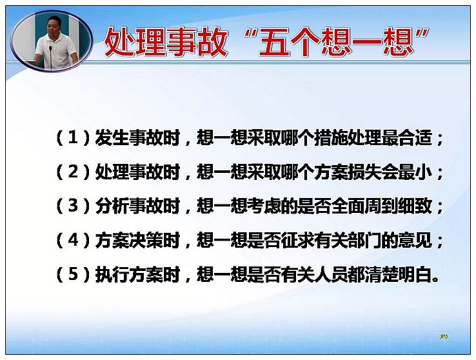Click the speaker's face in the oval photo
(54, 26)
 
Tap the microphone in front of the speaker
(51, 57)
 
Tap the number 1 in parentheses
(73, 138)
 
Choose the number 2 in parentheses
(73, 172)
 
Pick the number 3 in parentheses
(73, 206)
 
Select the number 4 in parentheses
(73, 240)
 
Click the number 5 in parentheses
(73, 274)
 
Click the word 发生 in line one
(112, 138)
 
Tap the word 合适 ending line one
(415, 138)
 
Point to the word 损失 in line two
(364, 172)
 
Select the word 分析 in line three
(112, 206)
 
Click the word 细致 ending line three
(415, 206)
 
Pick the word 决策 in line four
(145, 240)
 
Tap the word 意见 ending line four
(415, 240)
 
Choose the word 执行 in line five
(112, 274)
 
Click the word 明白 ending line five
(415, 274)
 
